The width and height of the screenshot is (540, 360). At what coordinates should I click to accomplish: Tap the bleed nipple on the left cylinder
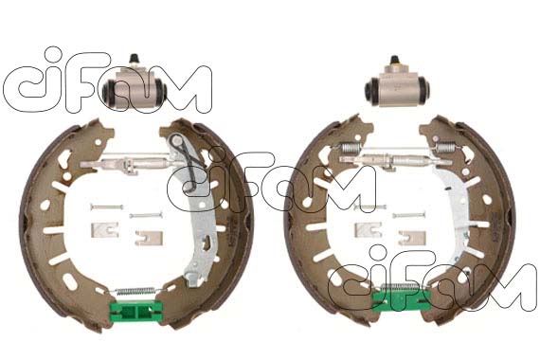point(134,60)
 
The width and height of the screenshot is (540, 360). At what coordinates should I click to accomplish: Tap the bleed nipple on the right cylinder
point(395,61)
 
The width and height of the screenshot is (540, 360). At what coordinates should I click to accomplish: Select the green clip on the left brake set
point(135,312)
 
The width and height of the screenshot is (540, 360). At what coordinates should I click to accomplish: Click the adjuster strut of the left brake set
point(135,163)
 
